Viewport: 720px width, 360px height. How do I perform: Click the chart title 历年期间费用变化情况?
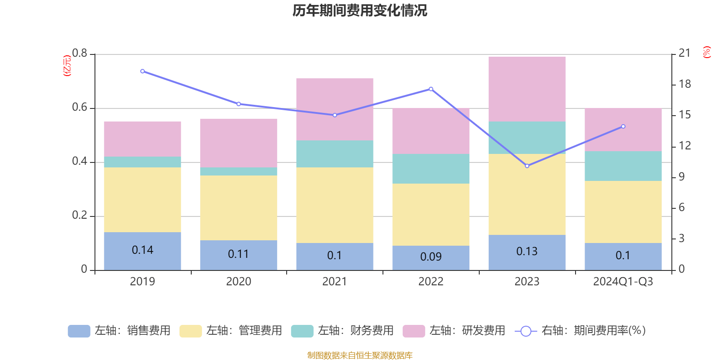360,10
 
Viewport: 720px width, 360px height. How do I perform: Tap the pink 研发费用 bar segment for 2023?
526,89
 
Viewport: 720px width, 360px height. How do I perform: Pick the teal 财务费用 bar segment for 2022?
431,169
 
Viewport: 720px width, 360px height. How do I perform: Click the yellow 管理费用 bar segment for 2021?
334,205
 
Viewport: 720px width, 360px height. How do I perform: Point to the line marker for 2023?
527,166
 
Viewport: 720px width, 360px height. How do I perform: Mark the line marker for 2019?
142,71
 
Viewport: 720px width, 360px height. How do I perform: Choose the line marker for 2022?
431,89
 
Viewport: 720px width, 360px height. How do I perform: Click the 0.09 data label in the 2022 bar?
431,256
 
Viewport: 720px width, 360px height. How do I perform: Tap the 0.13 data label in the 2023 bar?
526,251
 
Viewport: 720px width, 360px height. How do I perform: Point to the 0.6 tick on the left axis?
80,108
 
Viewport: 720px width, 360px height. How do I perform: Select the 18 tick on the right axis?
684,84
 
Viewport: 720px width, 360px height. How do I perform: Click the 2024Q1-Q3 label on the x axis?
623,282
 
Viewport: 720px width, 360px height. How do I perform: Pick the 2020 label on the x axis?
238,282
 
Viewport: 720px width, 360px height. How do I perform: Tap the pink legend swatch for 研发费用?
414,331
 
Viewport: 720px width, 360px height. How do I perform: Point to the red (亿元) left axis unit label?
67,66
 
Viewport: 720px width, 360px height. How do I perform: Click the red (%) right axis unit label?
706,52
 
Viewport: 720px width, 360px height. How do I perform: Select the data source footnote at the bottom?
360,355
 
